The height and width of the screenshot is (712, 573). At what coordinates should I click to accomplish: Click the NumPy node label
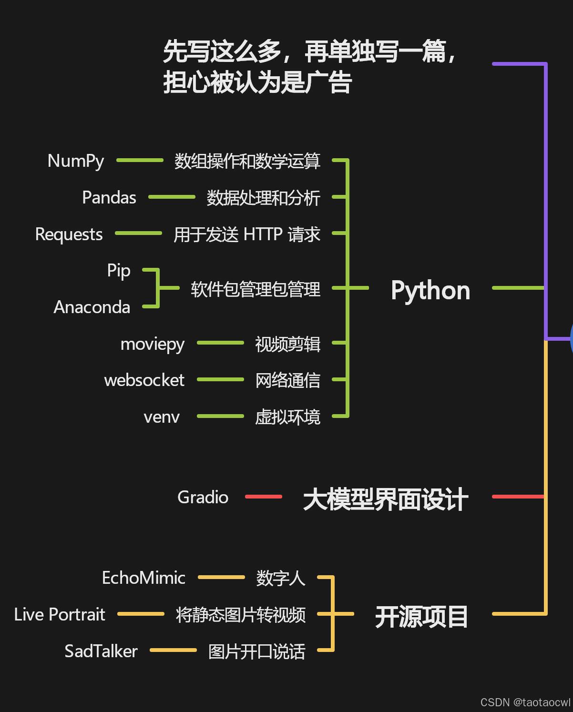click(76, 161)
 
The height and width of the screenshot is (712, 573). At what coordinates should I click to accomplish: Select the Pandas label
click(109, 197)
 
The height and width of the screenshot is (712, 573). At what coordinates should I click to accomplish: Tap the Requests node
click(69, 234)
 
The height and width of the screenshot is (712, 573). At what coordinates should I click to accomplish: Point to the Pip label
click(119, 271)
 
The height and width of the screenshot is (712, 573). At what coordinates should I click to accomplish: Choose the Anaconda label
click(92, 307)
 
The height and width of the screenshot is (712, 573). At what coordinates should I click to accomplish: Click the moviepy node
click(153, 344)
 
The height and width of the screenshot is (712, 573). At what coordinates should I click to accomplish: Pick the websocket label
click(144, 380)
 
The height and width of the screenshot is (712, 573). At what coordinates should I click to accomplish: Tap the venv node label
click(162, 417)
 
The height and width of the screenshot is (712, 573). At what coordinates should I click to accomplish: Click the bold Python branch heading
click(430, 290)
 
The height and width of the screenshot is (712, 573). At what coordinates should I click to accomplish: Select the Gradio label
click(203, 497)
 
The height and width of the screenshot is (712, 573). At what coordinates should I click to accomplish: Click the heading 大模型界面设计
click(386, 499)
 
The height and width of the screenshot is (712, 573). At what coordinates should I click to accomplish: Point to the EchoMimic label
click(143, 578)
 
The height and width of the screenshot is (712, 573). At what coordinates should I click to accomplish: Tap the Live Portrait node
click(60, 614)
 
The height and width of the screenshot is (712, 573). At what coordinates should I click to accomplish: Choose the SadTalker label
click(101, 651)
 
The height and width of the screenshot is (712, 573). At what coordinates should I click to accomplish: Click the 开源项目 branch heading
click(421, 617)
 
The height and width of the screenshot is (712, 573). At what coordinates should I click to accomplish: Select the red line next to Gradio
click(263, 497)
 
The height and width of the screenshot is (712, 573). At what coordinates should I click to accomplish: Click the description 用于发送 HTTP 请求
click(247, 234)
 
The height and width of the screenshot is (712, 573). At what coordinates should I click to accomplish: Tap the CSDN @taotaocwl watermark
click(525, 702)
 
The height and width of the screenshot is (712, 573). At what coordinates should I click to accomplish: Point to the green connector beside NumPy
click(140, 161)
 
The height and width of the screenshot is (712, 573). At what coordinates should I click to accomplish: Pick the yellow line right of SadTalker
click(173, 650)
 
